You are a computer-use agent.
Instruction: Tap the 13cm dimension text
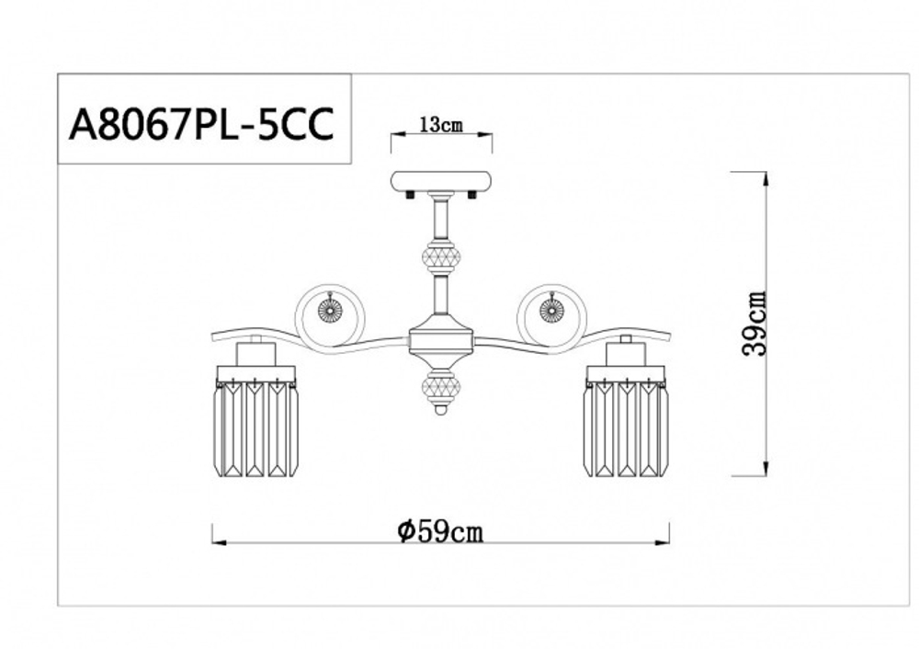tap(441, 126)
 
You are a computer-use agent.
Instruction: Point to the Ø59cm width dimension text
tap(441, 530)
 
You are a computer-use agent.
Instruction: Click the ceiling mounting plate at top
tap(441, 181)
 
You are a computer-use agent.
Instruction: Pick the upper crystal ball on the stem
tap(439, 256)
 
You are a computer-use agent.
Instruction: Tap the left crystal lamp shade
tap(256, 427)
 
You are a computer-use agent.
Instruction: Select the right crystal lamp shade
tap(626, 427)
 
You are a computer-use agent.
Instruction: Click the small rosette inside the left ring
tap(330, 311)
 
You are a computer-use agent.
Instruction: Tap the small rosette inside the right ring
tap(551, 311)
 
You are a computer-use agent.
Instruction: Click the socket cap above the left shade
tap(255, 351)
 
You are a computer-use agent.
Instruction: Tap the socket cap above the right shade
tap(626, 351)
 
